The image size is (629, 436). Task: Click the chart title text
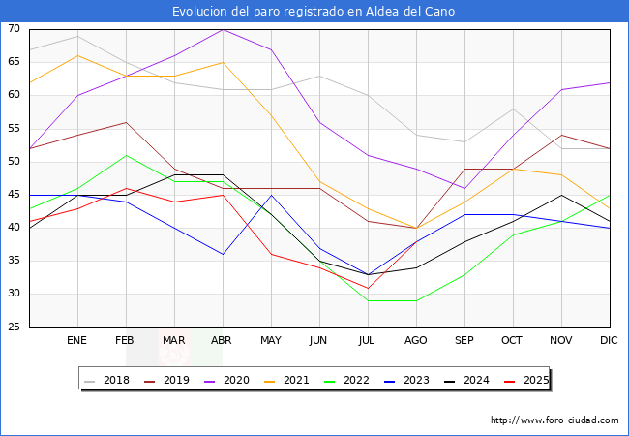(314, 12)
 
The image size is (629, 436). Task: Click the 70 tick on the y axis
(14, 29)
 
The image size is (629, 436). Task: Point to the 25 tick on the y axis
(14, 327)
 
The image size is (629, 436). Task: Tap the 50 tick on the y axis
(14, 162)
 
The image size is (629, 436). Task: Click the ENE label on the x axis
(77, 341)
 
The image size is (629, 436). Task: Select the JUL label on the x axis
(368, 341)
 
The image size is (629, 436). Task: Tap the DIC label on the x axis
(610, 341)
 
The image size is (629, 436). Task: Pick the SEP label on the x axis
(464, 341)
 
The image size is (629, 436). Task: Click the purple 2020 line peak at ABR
(223, 29)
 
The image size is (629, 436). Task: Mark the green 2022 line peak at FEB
(126, 155)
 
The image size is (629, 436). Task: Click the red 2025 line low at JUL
(368, 288)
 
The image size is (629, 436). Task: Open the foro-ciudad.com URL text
(554, 420)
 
